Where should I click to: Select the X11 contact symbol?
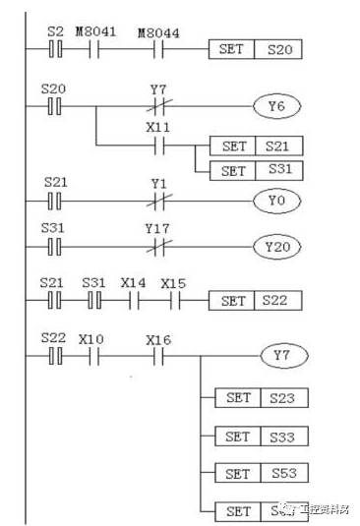tap(158, 146)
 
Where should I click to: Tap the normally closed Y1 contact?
tap(158, 200)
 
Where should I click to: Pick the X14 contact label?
tap(133, 283)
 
